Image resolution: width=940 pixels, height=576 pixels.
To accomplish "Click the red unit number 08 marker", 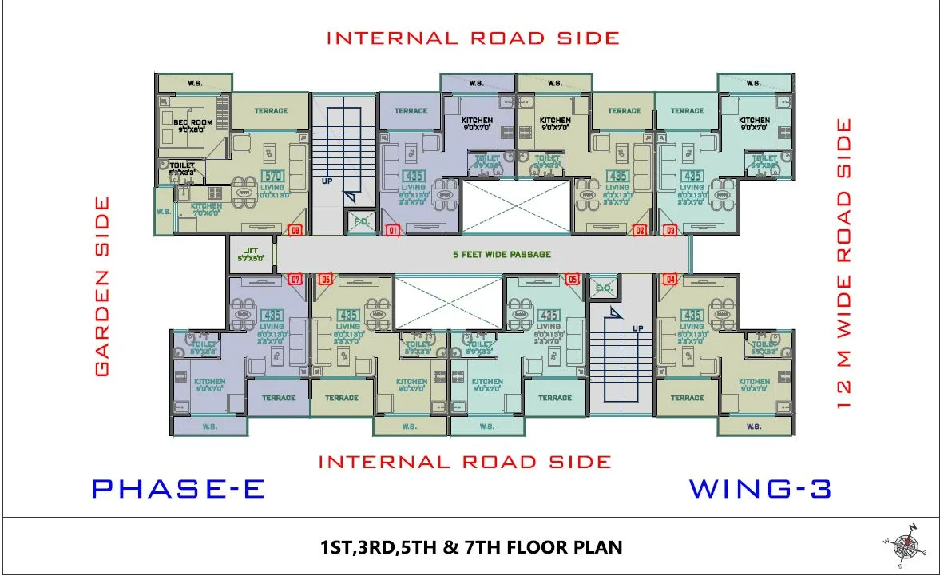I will [295, 231].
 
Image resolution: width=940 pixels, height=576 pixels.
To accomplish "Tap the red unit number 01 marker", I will [391, 231].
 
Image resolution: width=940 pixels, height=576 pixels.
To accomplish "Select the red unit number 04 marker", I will [669, 279].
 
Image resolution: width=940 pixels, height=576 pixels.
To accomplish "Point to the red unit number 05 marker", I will [572, 279].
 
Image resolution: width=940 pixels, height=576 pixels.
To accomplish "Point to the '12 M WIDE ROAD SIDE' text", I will [844, 264].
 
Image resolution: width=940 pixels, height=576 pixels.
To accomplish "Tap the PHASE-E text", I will [177, 488].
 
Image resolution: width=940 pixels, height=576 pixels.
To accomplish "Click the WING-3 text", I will [760, 488].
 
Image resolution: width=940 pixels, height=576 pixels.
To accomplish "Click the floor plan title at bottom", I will [470, 547].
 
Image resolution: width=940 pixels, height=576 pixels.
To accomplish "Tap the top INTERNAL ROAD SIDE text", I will [473, 38].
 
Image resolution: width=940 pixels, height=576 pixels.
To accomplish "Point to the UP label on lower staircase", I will [638, 328].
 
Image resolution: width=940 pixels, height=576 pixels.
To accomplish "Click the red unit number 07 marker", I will [295, 279].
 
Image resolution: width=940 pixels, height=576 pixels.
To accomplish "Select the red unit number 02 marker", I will [640, 231].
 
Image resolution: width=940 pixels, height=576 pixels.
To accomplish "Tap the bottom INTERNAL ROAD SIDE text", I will [465, 462].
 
